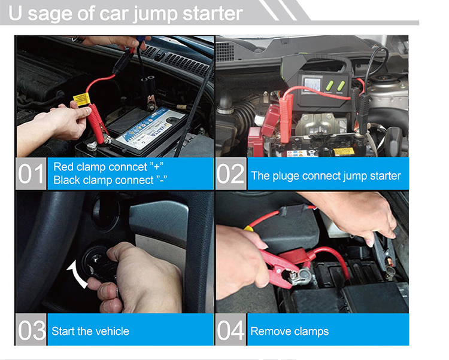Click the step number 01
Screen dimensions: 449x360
pyautogui.click(x=31, y=173)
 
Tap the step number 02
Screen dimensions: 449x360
pyautogui.click(x=230, y=173)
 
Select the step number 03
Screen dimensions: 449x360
pyautogui.click(x=31, y=330)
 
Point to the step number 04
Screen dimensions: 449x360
pyautogui.click(x=230, y=330)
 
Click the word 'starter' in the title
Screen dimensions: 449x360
pyautogui.click(x=213, y=13)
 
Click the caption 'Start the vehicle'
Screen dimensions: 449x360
pyautogui.click(x=90, y=331)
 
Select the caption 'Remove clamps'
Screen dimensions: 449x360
pyautogui.click(x=290, y=331)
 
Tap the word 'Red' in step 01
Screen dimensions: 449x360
pyautogui.click(x=63, y=167)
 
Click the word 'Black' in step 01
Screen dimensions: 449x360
pyautogui.click(x=66, y=180)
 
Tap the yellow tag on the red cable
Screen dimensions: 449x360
pyautogui.click(x=81, y=99)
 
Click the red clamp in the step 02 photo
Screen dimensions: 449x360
pyautogui.click(x=286, y=117)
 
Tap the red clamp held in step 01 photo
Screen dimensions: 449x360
pyautogui.click(x=98, y=124)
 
